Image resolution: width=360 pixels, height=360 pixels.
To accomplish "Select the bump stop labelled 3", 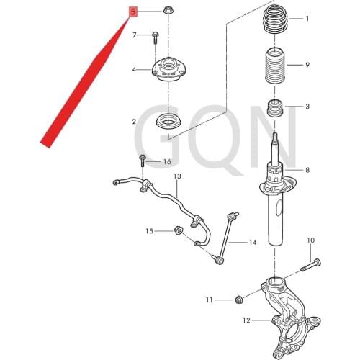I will pos(276,112).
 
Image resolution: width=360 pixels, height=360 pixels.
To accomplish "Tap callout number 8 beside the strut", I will pos(307,170).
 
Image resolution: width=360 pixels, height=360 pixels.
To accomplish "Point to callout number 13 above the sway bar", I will pos(176,176).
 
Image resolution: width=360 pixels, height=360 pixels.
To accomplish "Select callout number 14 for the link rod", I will pos(252,242).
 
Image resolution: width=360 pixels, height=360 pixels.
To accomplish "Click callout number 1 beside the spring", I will pos(307,19).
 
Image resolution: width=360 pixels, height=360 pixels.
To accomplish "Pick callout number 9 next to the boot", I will pos(307,66).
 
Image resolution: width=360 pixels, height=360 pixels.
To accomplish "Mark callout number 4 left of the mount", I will pos(134,69).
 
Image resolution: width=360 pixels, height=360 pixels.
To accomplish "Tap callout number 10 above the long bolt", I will pos(311,240).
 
